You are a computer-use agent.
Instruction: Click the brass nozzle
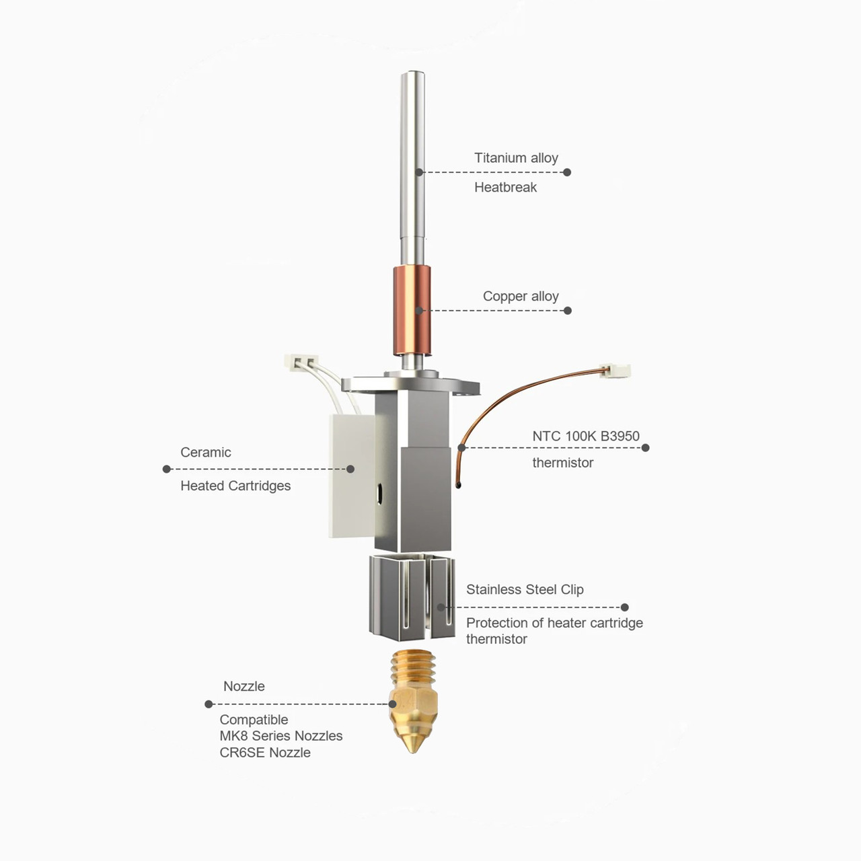pyautogui.click(x=413, y=701)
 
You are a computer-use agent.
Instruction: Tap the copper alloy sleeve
pyautogui.click(x=412, y=311)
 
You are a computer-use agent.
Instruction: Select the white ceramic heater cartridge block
pyautogui.click(x=352, y=476)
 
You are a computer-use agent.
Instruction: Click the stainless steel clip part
pyautogui.click(x=412, y=597)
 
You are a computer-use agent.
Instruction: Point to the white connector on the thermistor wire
pyautogui.click(x=615, y=370)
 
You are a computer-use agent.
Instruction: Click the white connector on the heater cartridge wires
pyautogui.click(x=301, y=361)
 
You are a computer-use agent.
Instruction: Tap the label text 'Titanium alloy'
pyautogui.click(x=516, y=157)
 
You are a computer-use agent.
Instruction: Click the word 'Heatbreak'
pyautogui.click(x=505, y=187)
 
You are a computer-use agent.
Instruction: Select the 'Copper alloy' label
pyautogui.click(x=521, y=296)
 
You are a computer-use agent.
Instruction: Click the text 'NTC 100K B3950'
pyautogui.click(x=586, y=436)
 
